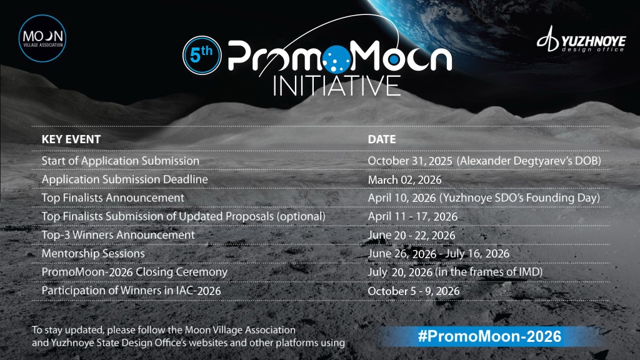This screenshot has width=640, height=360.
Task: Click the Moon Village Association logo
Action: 42,38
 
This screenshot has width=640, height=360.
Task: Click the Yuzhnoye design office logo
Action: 581,39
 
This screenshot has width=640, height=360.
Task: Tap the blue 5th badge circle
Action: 202,55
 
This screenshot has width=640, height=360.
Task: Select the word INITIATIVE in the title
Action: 337,85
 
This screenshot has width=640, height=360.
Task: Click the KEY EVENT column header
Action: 71,139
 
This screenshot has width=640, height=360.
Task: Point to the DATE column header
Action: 382,139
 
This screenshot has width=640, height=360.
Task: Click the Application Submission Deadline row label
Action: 124,179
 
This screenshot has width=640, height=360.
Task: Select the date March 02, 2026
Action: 404,179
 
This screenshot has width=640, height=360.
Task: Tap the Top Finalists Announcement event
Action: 113,198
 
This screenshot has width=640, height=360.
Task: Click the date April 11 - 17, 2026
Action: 412,216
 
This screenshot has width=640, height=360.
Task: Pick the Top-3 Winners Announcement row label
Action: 118,235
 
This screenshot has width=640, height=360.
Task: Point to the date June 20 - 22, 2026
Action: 411,235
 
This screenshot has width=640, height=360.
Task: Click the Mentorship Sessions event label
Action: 93,254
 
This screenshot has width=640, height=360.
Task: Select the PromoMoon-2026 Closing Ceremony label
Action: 135,272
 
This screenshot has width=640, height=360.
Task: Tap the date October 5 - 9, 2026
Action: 414,291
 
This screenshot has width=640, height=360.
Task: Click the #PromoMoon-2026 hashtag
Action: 490,336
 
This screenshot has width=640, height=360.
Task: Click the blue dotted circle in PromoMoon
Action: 337,59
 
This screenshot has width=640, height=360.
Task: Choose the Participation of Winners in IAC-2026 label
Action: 131,291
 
